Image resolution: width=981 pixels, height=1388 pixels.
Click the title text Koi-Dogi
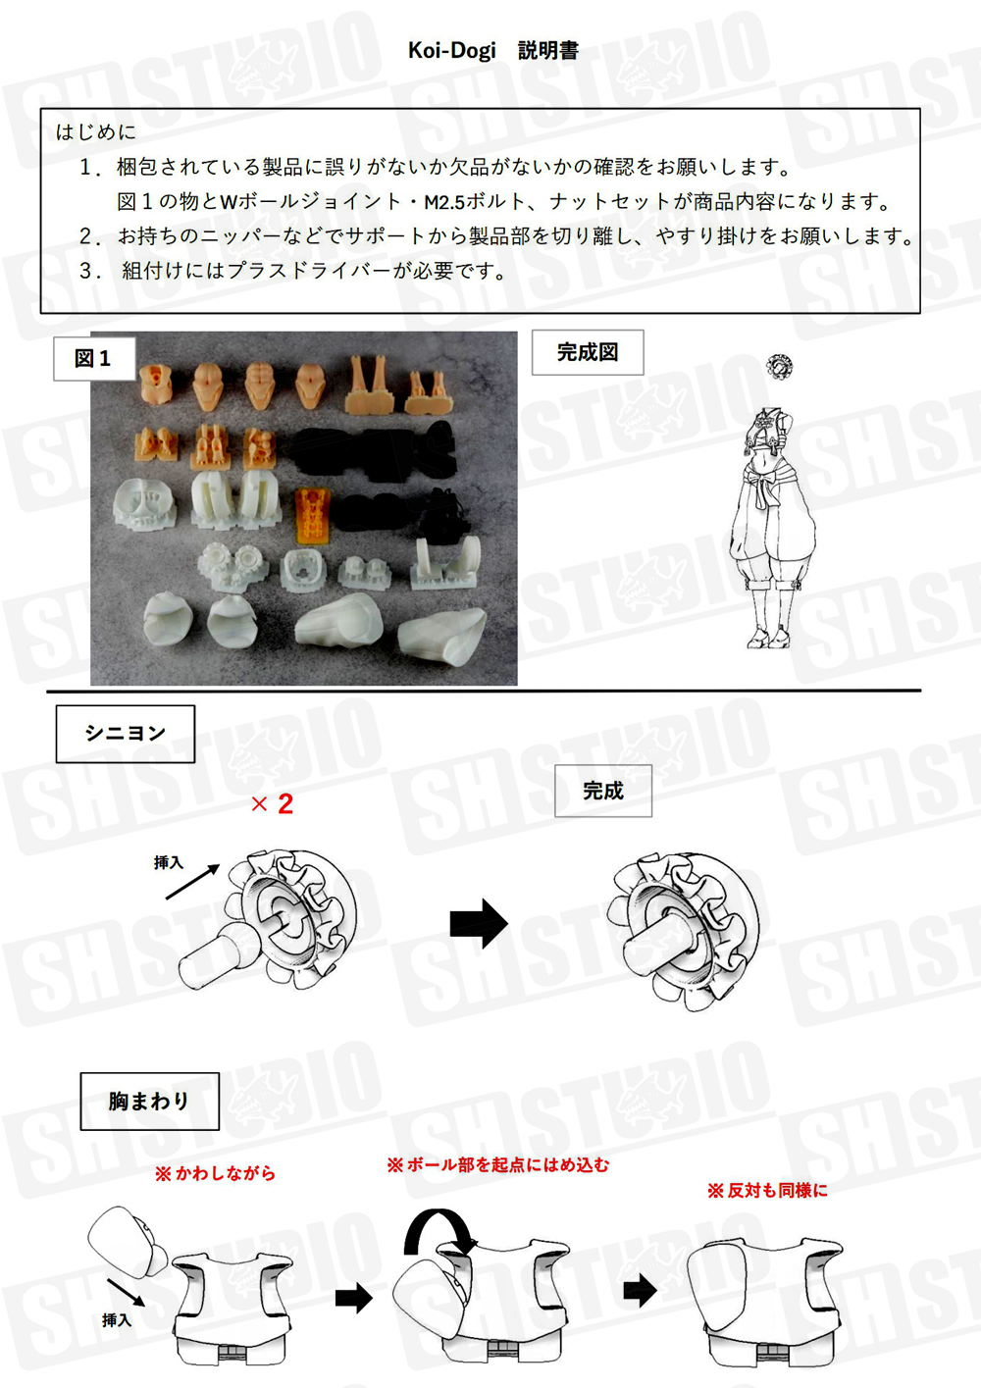[x=452, y=50]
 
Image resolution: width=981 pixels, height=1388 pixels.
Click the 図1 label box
[x=93, y=358]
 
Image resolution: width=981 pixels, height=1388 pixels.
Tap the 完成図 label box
[x=588, y=352]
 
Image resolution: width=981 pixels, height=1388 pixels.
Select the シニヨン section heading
[x=126, y=734]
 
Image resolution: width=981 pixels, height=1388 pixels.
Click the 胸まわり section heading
[x=149, y=1102]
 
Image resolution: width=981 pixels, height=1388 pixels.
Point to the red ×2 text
[x=273, y=804]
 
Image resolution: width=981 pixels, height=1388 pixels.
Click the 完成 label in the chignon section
[x=602, y=791]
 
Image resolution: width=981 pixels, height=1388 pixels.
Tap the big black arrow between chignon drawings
[x=479, y=923]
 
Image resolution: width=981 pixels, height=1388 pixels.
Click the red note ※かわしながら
[x=216, y=1173]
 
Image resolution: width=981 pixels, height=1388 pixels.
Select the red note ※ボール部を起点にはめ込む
[x=498, y=1164]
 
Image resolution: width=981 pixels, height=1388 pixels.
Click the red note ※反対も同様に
[x=768, y=1190]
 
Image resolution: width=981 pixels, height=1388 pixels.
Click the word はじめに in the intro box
[x=96, y=131]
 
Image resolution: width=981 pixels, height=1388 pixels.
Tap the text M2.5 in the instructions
[x=443, y=202]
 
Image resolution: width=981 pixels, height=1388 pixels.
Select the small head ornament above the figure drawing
[x=779, y=366]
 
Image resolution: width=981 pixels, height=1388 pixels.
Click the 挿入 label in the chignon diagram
[x=169, y=862]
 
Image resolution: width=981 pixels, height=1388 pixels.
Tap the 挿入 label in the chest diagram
[x=117, y=1320]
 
